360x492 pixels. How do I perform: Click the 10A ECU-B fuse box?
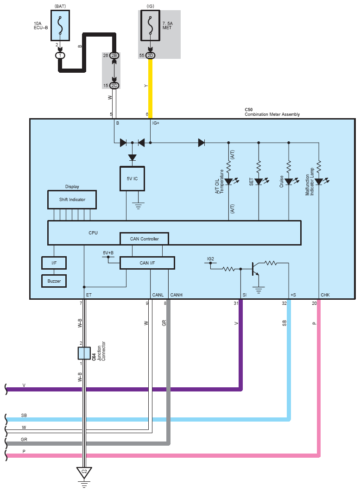coord(60,25)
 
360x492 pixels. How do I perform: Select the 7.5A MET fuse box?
coord(150,25)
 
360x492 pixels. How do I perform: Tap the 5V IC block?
coord(132,178)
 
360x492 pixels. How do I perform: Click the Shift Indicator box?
coord(72,200)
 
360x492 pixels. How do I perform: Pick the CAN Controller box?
coord(145,239)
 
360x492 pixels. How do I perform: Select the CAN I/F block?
coord(147,263)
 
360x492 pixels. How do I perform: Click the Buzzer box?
coord(54,281)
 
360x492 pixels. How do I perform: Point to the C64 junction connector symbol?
coord(84,353)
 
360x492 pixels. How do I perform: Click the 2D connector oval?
coord(150,56)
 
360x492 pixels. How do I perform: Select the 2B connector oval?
coord(114,56)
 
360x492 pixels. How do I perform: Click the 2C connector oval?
coord(114,85)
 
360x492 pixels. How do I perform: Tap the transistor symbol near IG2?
coord(255,269)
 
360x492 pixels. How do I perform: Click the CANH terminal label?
coord(177,295)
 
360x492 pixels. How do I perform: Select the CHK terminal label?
coord(325,295)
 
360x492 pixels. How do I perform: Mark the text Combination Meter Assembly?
coord(272,114)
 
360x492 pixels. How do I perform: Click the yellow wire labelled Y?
coord(150,88)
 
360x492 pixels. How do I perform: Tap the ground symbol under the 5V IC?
coord(138,206)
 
